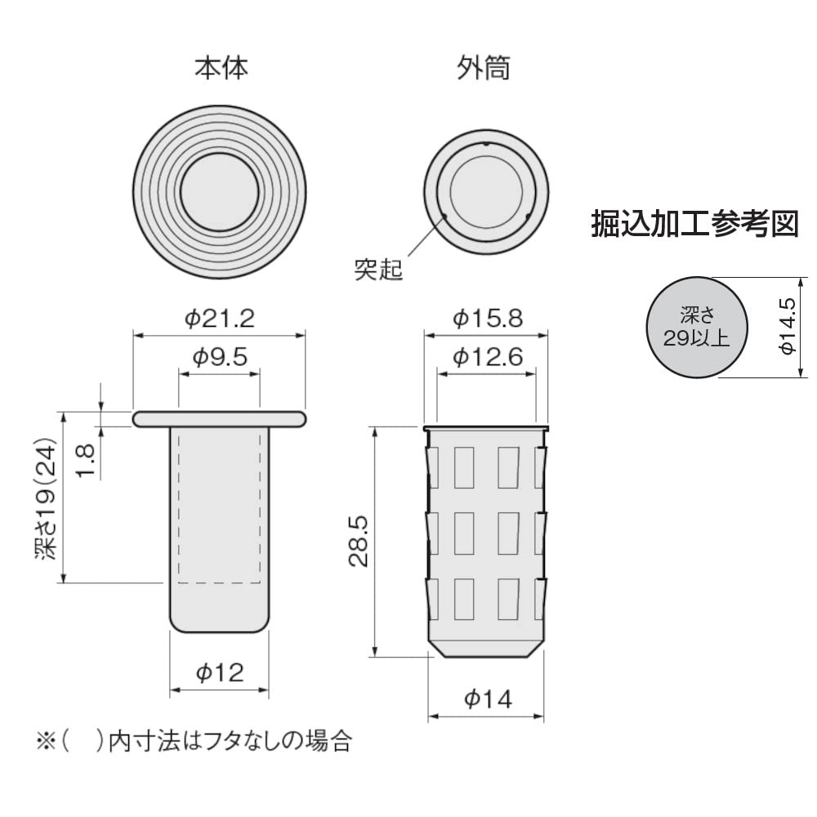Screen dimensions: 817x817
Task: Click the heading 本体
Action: (x=220, y=69)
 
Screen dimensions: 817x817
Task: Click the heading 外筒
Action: (x=484, y=69)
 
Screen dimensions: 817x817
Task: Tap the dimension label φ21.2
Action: (x=219, y=318)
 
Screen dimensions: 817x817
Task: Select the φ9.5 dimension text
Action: (x=219, y=357)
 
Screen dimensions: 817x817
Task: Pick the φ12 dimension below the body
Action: (x=218, y=672)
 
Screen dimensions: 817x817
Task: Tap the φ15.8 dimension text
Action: (x=488, y=318)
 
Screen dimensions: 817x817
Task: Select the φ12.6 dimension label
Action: (x=488, y=357)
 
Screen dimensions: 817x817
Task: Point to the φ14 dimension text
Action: (x=488, y=699)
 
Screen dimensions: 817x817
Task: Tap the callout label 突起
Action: (x=378, y=270)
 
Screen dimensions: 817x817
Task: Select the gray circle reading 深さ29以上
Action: (x=696, y=326)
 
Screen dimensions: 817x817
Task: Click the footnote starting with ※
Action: (x=193, y=741)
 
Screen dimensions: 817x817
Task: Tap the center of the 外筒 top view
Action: (x=486, y=190)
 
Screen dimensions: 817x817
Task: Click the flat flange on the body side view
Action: (x=219, y=418)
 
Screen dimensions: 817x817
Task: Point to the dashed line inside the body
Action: (x=219, y=583)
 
